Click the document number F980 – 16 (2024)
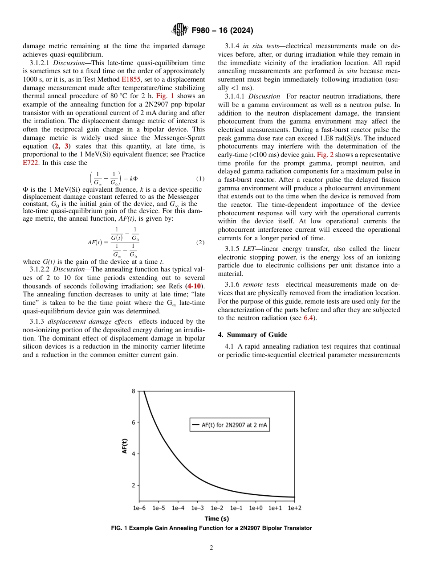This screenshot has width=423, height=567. (x=222, y=31)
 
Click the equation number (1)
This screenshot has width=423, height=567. (x=200, y=178)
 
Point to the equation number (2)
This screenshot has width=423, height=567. (x=200, y=242)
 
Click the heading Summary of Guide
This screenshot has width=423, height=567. (x=252, y=334)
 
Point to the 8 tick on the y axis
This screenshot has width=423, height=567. (x=134, y=391)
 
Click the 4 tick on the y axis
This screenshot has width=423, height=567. (x=134, y=454)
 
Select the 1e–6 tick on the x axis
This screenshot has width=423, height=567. (x=139, y=508)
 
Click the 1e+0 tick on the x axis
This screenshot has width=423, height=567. (x=256, y=508)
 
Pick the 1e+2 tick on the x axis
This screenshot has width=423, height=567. (x=294, y=508)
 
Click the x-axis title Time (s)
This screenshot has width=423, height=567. (x=217, y=518)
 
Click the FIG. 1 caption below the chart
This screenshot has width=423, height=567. (x=211, y=528)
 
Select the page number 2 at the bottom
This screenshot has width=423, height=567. (x=211, y=548)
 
